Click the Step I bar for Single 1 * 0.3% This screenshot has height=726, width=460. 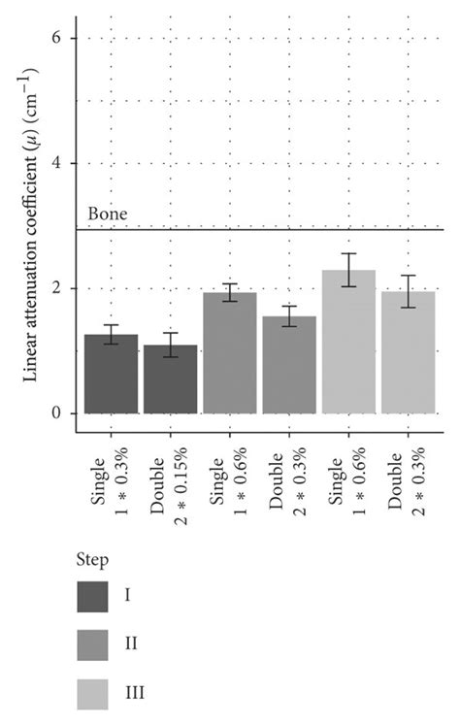click(112, 375)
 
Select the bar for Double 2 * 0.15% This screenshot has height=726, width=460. click(171, 379)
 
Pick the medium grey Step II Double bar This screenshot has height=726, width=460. click(289, 365)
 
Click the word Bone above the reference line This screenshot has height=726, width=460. click(108, 214)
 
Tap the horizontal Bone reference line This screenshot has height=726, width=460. click(291, 229)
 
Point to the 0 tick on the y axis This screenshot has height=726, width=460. click(57, 413)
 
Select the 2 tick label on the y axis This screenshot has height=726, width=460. click(57, 288)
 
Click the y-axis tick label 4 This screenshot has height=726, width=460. click(57, 163)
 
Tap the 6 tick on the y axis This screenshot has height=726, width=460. click(57, 38)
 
